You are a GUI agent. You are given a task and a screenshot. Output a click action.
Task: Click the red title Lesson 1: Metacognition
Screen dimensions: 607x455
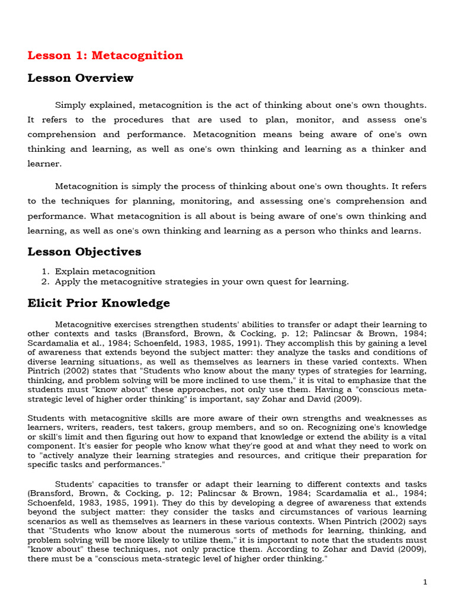tap(105, 56)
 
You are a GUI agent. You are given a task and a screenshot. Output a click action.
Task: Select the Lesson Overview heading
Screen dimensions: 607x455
tap(81, 78)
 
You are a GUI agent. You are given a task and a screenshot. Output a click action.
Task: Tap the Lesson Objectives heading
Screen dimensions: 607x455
tap(84, 252)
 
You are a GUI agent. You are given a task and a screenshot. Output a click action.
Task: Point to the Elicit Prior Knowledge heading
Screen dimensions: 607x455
tap(98, 303)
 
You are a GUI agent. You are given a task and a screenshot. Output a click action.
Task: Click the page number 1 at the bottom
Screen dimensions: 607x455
tap(425, 583)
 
